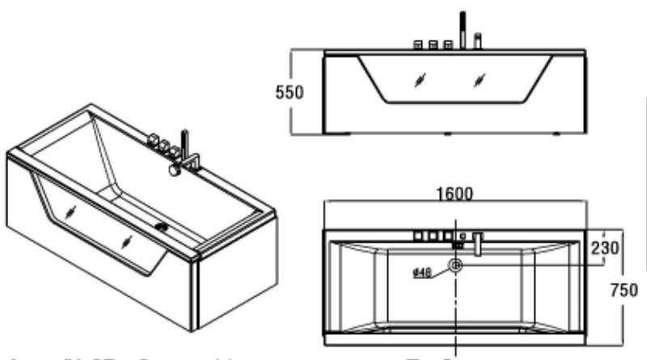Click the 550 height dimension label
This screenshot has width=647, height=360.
288,92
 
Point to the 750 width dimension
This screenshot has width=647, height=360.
631,289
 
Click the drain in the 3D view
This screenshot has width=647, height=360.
164,228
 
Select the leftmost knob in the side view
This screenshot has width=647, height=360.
418,45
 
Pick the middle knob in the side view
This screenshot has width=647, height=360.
433,45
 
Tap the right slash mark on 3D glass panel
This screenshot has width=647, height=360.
127,242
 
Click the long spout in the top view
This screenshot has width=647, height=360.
478,244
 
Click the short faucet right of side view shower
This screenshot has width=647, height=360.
478,40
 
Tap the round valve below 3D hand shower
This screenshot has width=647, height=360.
174,171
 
